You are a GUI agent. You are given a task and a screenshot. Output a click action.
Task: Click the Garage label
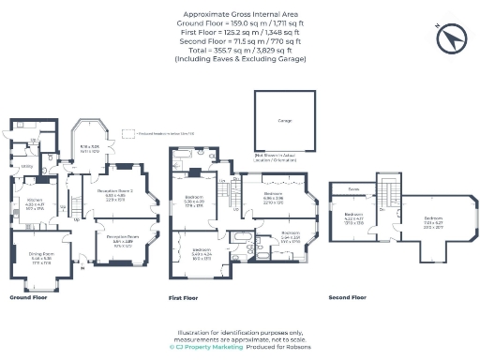284,121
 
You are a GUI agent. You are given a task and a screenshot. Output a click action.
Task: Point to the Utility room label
28,168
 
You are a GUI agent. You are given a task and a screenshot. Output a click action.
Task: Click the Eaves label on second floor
353,188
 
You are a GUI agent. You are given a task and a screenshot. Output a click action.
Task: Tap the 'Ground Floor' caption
28,297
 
